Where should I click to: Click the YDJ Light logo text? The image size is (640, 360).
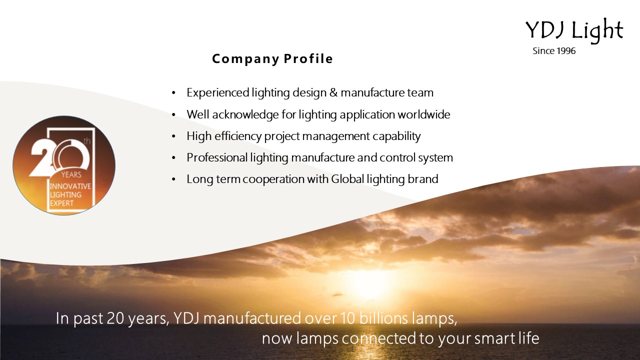coord(574,31)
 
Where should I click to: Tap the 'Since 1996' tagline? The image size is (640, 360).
coord(554,51)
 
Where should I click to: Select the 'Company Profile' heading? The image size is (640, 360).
coord(272,59)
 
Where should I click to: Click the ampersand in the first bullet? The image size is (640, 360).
coord(333,92)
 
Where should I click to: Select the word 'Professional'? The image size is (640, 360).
coord(217,157)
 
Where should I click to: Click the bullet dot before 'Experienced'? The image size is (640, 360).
coord(173,93)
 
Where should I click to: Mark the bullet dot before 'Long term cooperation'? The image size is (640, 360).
coord(173,179)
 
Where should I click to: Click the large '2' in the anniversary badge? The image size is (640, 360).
coord(41,159)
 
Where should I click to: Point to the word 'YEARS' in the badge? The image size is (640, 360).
coord(71,174)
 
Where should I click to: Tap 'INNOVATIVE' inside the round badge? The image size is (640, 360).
coord(70,186)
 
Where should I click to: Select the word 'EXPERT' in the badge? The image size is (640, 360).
coord(61,203)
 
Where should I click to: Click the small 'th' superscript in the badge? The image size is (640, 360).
coord(87,141)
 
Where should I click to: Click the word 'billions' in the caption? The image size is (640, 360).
coord(383,318)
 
